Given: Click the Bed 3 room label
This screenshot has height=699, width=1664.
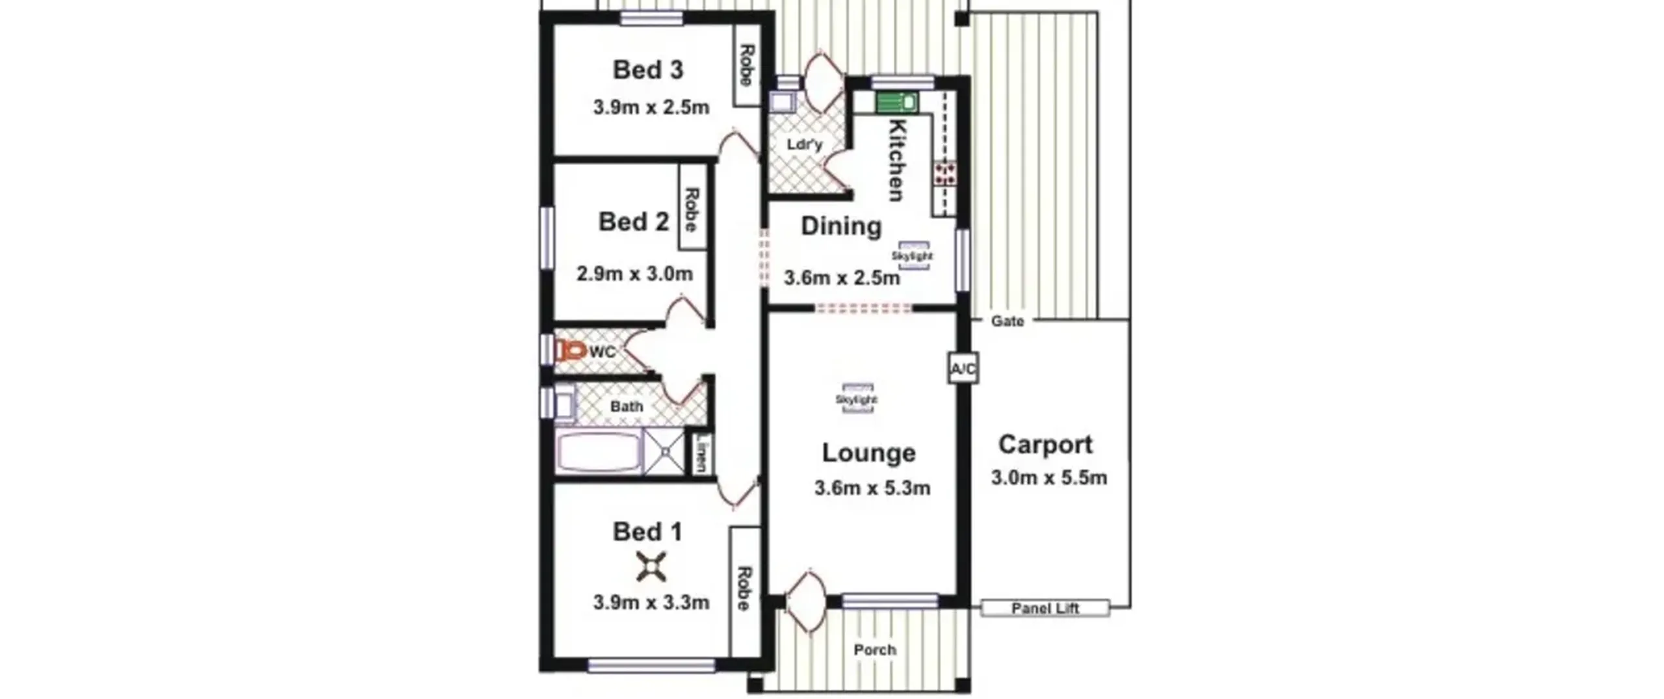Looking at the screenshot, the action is [x=648, y=70].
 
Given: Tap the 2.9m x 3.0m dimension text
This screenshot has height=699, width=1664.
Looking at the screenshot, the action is [x=634, y=274].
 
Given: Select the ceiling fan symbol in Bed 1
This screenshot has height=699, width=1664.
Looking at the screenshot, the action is [x=651, y=566].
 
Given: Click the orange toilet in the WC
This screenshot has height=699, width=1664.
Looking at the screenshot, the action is [x=571, y=351].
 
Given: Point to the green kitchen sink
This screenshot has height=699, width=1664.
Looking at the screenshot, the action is [x=896, y=102].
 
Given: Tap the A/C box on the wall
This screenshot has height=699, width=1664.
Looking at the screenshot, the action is [x=963, y=369].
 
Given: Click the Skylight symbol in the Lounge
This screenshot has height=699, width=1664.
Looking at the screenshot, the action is [x=857, y=399].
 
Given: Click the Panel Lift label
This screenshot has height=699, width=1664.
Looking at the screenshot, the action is [x=1045, y=608].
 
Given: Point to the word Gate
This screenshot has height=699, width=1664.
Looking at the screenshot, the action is [x=1007, y=321].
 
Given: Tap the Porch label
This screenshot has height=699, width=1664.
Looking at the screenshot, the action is [x=874, y=650].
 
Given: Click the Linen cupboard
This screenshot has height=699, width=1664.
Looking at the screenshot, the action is [x=701, y=453].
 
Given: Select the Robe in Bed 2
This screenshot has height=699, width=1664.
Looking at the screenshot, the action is [x=692, y=207].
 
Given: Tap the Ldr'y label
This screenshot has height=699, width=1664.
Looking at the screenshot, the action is [x=804, y=144].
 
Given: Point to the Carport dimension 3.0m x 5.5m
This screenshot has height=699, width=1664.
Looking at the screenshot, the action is [x=1048, y=478].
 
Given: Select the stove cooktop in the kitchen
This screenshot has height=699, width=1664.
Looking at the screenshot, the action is [x=945, y=173].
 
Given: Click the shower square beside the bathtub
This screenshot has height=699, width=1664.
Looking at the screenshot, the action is [x=664, y=451].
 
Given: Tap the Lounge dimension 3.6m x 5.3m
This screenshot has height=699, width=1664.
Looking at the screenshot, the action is [x=872, y=488].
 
